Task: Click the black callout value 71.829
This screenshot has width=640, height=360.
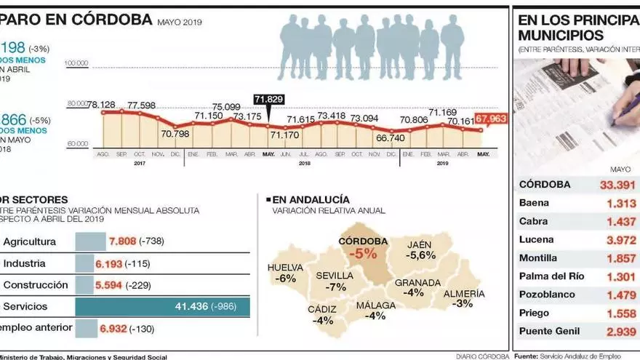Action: click(268, 98)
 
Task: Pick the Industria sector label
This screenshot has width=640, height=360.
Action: click(25, 263)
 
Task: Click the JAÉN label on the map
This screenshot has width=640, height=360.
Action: click(421, 244)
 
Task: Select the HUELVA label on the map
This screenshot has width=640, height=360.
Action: click(285, 267)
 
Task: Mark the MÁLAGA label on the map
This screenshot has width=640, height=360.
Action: click(375, 305)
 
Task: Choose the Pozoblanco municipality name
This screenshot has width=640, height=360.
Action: click(547, 295)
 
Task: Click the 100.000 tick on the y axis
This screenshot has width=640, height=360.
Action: click(76, 63)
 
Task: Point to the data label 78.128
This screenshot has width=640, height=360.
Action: click(103, 105)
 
